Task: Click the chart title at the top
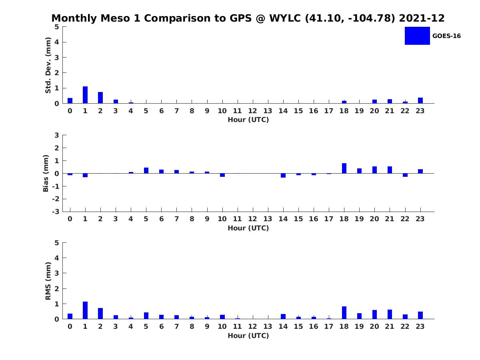point(248,18)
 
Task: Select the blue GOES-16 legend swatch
point(417,36)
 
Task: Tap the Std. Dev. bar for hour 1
point(85,95)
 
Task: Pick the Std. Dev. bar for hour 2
point(100,98)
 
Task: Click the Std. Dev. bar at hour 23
point(420,100)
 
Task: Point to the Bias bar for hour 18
point(344,168)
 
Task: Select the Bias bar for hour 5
point(146,170)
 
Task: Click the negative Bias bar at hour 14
point(283,175)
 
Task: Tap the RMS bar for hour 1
point(85,310)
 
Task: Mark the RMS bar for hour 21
point(390,314)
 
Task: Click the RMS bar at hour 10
point(222,317)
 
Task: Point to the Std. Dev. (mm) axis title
point(48,65)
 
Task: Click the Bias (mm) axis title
point(46,173)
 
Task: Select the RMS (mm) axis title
point(48,281)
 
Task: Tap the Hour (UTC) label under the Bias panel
point(248,228)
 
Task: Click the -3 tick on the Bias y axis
point(56,212)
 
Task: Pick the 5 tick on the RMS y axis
point(57,243)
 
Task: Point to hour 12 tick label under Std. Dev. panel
point(252,111)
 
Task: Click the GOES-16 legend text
point(446,36)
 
